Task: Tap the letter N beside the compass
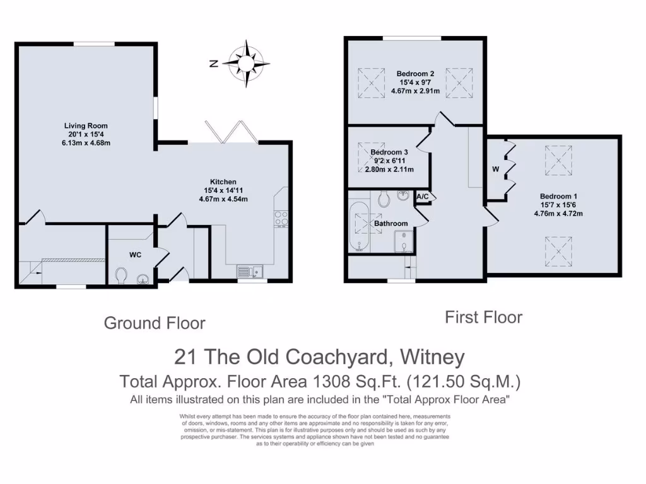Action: tap(214, 63)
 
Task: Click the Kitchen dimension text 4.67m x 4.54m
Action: tap(223, 199)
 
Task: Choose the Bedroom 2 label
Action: tap(415, 73)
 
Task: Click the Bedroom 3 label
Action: tap(389, 153)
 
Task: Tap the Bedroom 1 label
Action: tap(558, 196)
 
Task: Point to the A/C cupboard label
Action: tap(423, 197)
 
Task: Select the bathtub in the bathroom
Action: tap(357, 225)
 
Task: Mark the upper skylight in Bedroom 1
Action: tap(557, 158)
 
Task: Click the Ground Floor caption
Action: tap(155, 323)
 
